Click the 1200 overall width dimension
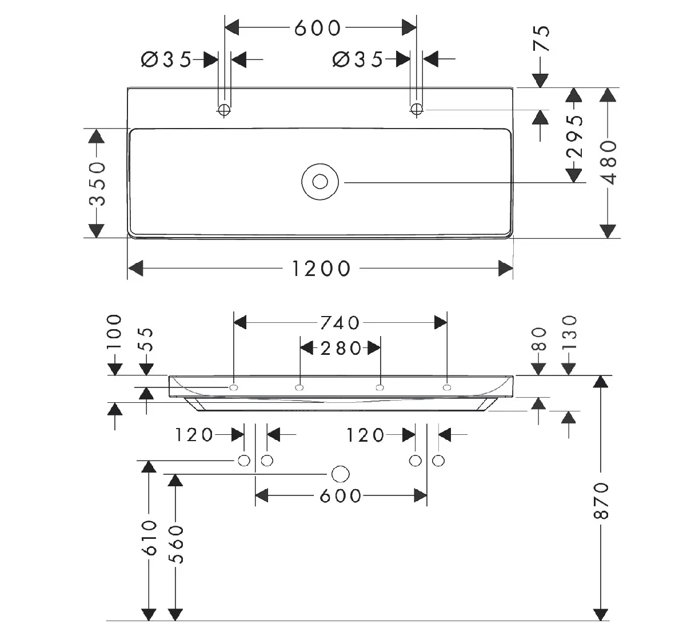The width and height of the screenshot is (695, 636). pos(321,269)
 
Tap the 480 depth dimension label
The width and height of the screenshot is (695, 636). pos(609,162)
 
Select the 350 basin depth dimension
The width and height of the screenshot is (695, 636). pos(97,183)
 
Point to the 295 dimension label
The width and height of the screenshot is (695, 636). pos(574,137)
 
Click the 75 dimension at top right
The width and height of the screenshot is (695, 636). pos(542,38)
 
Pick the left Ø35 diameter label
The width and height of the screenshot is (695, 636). pos(166,59)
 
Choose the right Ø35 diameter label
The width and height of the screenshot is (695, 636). pos(358,59)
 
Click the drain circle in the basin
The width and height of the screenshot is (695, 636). pos(320,182)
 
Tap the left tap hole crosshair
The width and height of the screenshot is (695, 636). pos(224,110)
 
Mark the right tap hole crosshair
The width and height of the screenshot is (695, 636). pos(417,110)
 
